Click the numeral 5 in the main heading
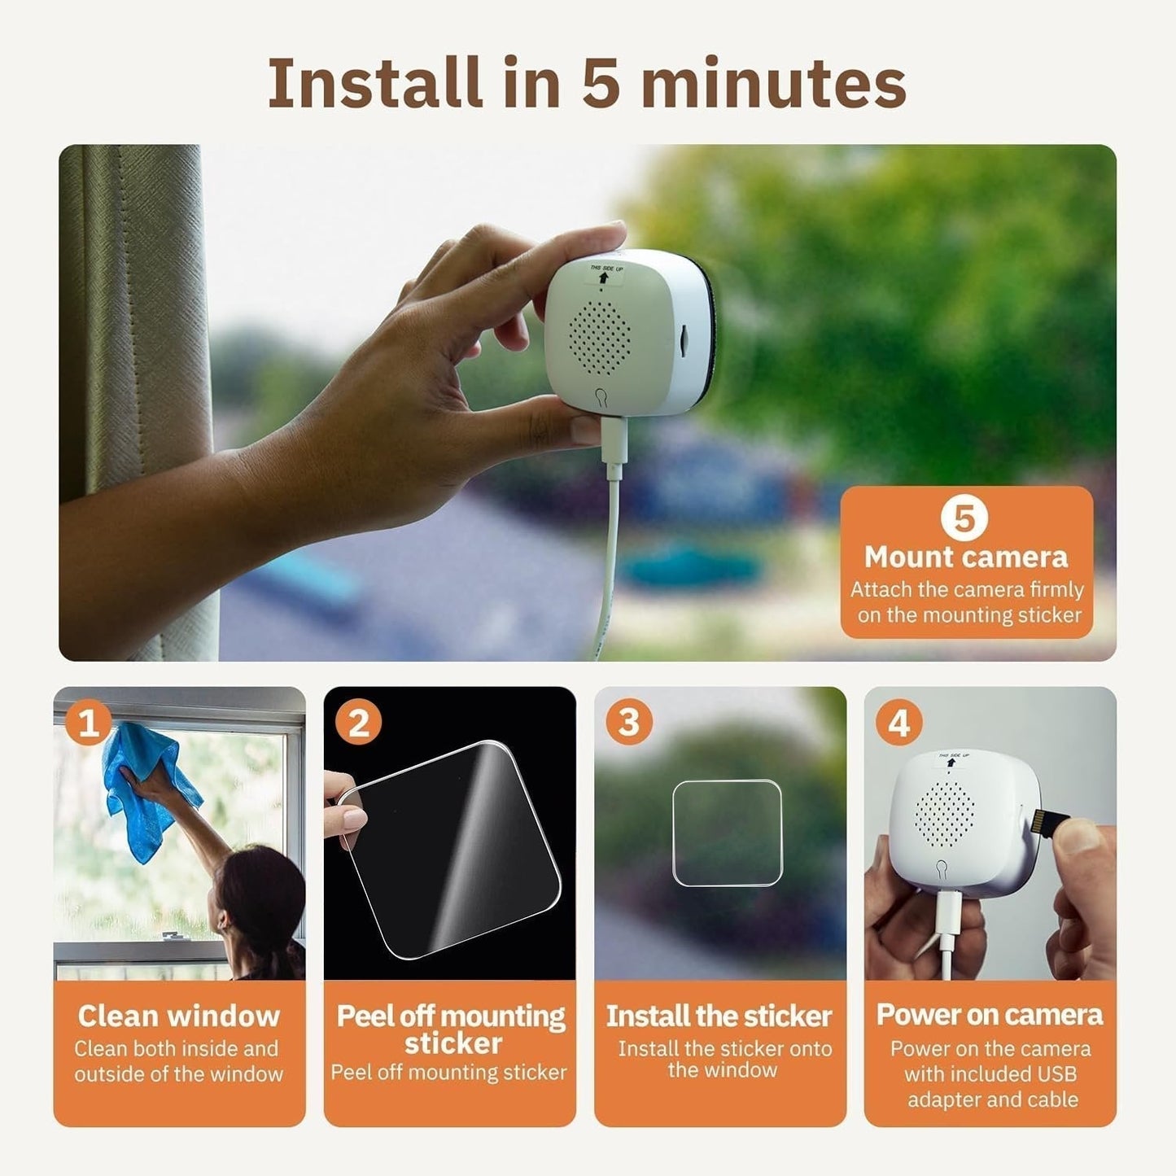601,83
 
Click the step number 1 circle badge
88,721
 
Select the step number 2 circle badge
359,721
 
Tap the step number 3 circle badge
629,721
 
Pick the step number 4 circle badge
899,721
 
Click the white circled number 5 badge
964,518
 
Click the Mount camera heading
966,557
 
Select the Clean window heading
179,1016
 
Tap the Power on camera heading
990,1015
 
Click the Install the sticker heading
719,1016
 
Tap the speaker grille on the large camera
600,334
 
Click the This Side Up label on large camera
603,273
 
